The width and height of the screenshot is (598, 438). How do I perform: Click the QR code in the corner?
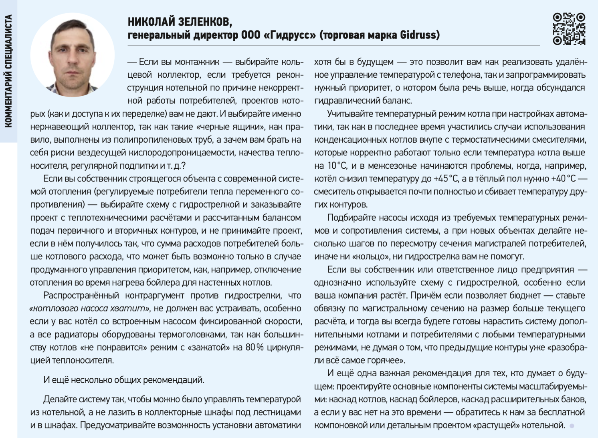(569, 29)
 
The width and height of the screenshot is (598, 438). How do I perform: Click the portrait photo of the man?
(73, 55)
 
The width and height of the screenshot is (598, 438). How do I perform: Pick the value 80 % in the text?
(255, 347)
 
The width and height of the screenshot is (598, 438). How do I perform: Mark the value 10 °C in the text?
(337, 166)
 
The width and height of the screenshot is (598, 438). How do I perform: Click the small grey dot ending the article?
(572, 426)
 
